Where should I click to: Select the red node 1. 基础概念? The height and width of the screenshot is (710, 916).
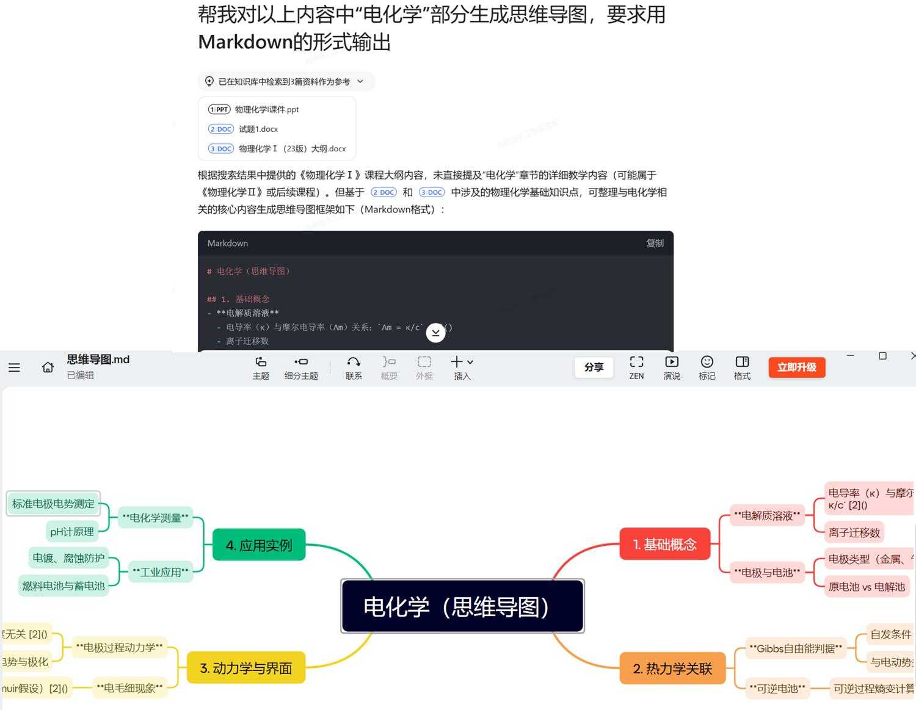coord(664,544)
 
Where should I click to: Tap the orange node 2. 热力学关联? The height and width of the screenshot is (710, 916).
coord(672,668)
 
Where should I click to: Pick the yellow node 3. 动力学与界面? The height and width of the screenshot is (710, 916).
coord(245,668)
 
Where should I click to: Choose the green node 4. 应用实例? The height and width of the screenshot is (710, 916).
coord(258,545)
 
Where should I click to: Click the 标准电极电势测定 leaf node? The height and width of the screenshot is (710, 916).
coord(53,504)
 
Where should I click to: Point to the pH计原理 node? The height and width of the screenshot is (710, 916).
coord(72,532)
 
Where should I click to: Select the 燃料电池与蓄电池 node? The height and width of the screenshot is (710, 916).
coord(64,585)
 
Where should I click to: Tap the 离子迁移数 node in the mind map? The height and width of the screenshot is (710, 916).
coord(854,532)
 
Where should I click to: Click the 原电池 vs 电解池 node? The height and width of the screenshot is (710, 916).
coord(866,587)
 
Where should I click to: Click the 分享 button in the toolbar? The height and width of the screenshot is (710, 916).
coord(594,367)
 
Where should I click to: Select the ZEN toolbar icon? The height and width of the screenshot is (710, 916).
coord(636,367)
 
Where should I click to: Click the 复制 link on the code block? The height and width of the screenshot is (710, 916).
coord(655,243)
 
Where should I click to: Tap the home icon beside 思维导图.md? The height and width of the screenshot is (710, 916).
coord(48,367)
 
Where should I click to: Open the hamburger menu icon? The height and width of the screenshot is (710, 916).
coord(14,367)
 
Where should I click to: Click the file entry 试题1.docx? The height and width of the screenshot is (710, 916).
coord(258,129)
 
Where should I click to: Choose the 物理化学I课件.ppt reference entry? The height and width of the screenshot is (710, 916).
coord(267,109)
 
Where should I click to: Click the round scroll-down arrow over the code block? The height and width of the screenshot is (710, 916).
coord(435,332)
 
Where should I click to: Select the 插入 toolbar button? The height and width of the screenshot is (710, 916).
coord(462,367)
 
